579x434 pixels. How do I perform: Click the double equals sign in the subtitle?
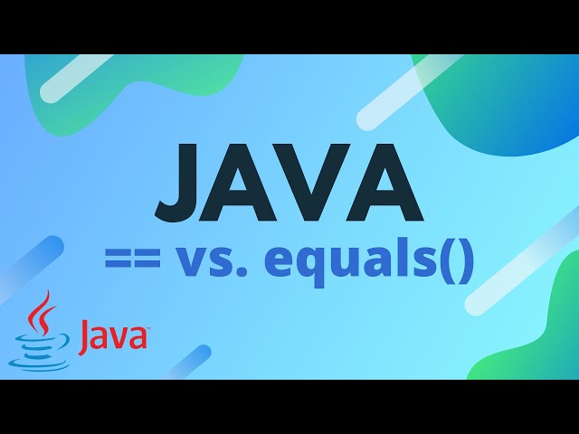click(x=133, y=263)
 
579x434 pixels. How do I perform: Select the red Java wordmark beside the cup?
click(x=112, y=336)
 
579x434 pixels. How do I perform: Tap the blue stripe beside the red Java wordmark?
click(x=185, y=362)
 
